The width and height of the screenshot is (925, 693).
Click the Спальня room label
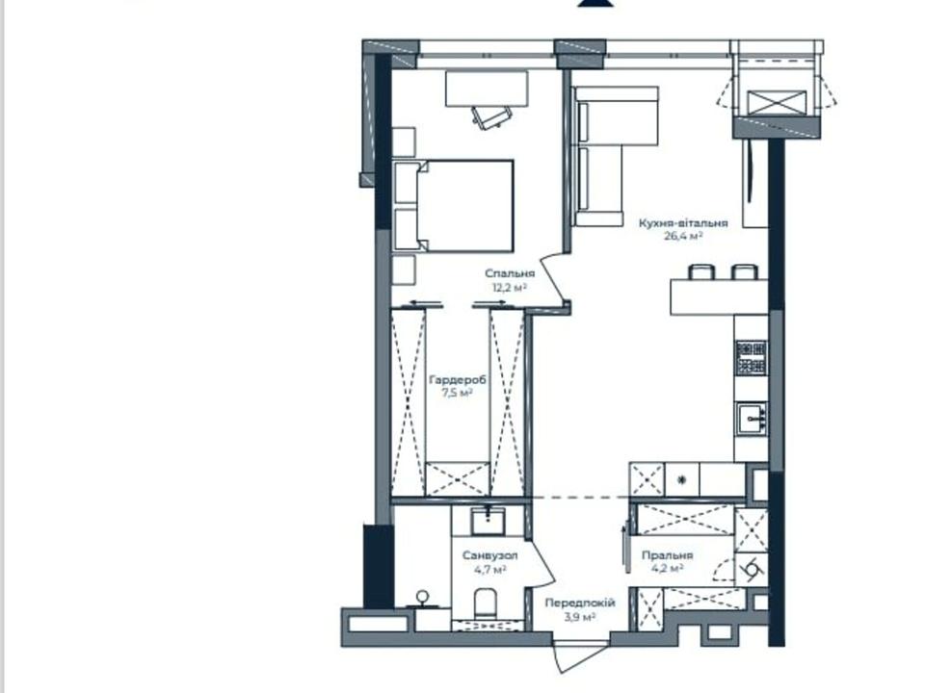(x=510, y=273)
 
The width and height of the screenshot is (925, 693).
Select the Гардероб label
(x=458, y=380)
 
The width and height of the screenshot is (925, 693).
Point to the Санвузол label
(x=490, y=555)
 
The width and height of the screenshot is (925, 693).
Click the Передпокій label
(x=580, y=603)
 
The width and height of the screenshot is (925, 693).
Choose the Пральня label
(x=667, y=555)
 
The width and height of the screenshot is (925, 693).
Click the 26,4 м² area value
(x=683, y=237)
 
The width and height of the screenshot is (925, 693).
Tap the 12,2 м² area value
(x=509, y=288)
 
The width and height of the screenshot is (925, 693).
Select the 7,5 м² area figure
(x=457, y=393)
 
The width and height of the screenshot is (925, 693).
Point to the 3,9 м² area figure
(x=580, y=617)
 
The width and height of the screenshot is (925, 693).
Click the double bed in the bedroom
(x=453, y=206)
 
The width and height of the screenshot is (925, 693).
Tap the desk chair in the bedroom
(x=491, y=116)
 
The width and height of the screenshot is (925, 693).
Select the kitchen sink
(x=752, y=419)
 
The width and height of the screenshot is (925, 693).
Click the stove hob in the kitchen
(x=752, y=358)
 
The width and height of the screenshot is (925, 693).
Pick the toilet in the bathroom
(x=486, y=603)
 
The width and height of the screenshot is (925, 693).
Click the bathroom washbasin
(x=488, y=521)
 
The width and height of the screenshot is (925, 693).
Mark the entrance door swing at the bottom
(x=579, y=658)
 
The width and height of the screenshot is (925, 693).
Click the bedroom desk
(x=487, y=89)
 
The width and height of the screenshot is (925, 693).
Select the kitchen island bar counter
(x=719, y=297)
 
